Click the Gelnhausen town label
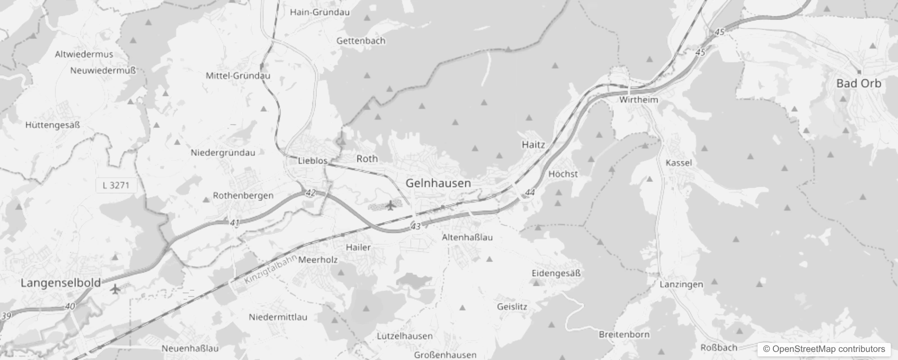(x=438, y=183)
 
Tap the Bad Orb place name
(x=858, y=83)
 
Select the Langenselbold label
(x=61, y=283)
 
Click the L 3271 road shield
(x=116, y=185)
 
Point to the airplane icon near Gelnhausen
(x=390, y=206)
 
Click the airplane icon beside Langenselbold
(x=116, y=288)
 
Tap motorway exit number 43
(x=415, y=226)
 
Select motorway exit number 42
(x=310, y=193)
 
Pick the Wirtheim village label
(x=638, y=100)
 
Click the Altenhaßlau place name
(x=467, y=237)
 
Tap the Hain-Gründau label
(x=319, y=12)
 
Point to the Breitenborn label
(x=624, y=334)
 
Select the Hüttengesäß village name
(x=53, y=125)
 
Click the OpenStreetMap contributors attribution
(x=823, y=349)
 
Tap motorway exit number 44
(x=530, y=193)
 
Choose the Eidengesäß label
(x=556, y=273)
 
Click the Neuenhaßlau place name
(x=190, y=348)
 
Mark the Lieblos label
(x=313, y=161)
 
